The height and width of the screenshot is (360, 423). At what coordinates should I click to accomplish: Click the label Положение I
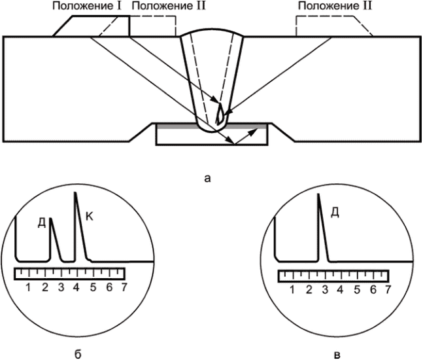[x=87, y=6]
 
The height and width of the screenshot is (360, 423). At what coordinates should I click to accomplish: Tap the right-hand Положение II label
[x=335, y=6]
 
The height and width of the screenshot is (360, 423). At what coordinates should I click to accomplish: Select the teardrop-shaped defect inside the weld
[x=219, y=114]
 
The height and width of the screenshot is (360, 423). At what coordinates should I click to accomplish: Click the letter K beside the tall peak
[x=90, y=216]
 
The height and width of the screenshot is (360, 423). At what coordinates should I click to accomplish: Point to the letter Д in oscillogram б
[x=42, y=223]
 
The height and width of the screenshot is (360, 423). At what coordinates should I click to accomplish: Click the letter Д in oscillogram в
[x=335, y=213]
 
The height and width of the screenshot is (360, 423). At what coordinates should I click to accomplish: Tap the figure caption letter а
[x=207, y=178]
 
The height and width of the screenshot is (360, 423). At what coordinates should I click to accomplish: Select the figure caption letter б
[x=78, y=354]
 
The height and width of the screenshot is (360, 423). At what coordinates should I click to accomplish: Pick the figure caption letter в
[x=337, y=355]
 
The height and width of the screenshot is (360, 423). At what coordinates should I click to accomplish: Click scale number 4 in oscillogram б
[x=76, y=287]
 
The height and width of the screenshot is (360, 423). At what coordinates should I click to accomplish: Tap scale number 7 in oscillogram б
[x=124, y=287]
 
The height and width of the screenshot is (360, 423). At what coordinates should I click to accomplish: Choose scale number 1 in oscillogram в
[x=292, y=290]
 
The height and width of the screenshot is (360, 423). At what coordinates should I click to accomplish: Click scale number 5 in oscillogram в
[x=357, y=290]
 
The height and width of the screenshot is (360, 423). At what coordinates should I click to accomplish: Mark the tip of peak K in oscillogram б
[x=75, y=192]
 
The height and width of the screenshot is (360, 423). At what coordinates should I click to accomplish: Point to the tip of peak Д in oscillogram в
[x=318, y=194]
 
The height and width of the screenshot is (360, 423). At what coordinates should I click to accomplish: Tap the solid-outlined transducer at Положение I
[x=91, y=26]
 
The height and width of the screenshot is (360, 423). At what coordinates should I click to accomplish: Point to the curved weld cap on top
[x=212, y=29]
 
